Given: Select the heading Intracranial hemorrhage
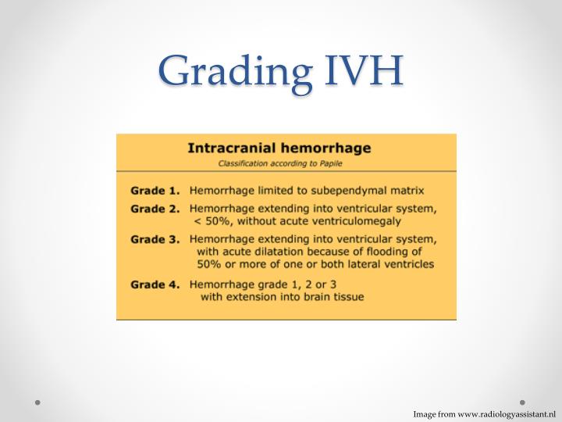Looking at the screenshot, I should [279, 147].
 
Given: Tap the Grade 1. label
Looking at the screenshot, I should [155, 190].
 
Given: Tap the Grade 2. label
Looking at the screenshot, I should [155, 209].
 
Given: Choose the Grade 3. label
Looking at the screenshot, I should [155, 239].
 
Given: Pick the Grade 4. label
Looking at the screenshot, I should [155, 285].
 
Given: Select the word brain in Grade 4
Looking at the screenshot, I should [309, 297].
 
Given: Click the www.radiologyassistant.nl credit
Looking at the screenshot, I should [506, 413].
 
